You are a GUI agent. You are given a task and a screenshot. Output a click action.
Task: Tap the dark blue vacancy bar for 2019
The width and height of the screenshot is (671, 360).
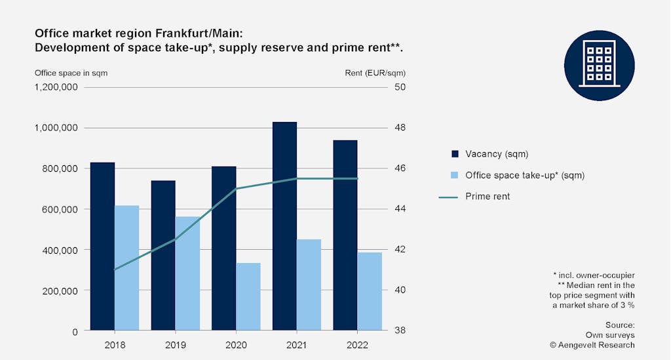click(x=163, y=255)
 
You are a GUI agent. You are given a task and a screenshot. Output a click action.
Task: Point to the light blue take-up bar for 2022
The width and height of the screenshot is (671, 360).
click(x=370, y=291)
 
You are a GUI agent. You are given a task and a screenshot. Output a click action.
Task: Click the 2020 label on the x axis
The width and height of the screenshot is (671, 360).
click(x=236, y=345)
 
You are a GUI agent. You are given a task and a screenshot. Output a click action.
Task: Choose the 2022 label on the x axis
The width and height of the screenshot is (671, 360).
click(x=357, y=345)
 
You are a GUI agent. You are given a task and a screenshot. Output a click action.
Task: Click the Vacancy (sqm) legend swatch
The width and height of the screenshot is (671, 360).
click(x=455, y=154)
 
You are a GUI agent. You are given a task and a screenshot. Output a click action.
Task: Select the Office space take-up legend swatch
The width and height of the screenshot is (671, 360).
click(x=455, y=175)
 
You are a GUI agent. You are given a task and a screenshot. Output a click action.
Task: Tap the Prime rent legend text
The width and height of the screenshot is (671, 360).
click(x=488, y=196)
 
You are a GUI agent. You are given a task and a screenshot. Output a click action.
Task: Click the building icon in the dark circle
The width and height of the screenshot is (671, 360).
click(x=599, y=66)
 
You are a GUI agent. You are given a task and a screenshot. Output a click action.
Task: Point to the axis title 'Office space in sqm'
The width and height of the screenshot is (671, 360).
click(x=71, y=73)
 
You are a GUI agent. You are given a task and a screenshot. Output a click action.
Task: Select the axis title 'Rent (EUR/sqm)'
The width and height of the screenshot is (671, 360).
click(x=379, y=73)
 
